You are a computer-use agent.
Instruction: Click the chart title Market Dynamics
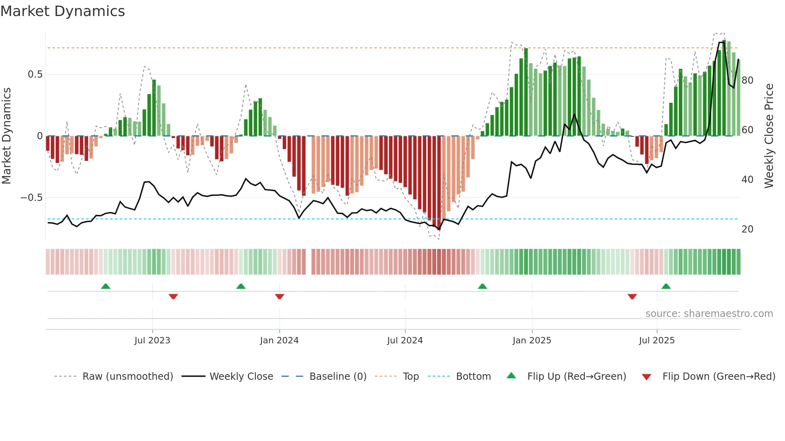click(63, 11)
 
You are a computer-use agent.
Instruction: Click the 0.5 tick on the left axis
click(35, 74)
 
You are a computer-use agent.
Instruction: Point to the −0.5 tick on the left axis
click(32, 198)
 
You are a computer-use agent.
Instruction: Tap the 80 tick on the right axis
click(747, 80)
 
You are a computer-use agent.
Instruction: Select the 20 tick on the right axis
click(747, 229)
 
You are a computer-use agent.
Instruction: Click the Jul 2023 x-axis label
click(152, 341)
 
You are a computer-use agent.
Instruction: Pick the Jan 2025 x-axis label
click(532, 341)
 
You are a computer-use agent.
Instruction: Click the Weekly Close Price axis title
click(769, 136)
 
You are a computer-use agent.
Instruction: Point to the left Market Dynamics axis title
click(6, 136)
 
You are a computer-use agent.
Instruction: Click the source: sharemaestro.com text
click(709, 314)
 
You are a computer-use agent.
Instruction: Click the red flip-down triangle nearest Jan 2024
click(280, 297)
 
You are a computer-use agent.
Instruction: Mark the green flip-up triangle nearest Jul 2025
click(666, 286)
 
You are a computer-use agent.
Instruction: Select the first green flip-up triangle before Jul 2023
click(105, 286)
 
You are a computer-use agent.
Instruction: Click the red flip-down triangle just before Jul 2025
click(632, 297)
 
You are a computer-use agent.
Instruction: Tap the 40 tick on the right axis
click(747, 180)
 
